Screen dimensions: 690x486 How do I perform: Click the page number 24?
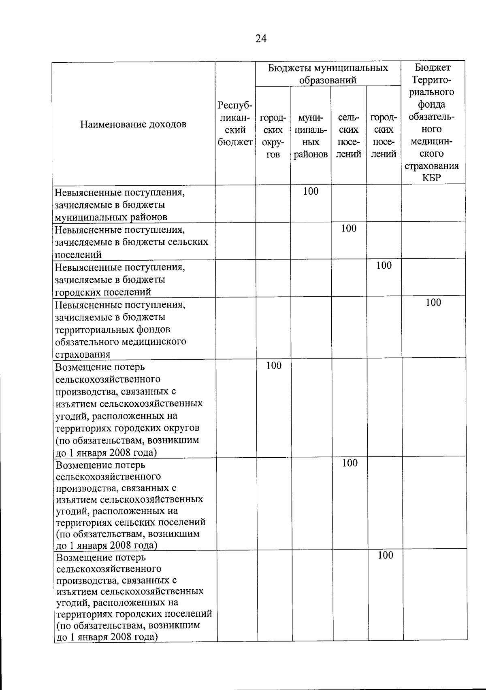coord(261,38)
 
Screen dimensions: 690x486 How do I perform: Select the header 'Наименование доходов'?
coord(133,124)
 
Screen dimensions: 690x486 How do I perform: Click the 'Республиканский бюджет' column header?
coord(235,123)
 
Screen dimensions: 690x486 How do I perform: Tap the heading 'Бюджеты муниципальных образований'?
coord(328,74)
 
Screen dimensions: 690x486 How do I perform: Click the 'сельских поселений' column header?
coord(349,136)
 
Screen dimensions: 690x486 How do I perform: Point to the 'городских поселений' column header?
coord(384,136)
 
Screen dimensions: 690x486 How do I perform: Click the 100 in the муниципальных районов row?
coord(311,191)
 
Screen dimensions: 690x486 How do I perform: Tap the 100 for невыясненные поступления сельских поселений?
coord(348,229)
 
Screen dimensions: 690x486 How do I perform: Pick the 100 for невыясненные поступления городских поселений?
coord(384,265)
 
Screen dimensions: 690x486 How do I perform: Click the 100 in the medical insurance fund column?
coord(433,302)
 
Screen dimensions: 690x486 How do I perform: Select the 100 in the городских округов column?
coord(274,365)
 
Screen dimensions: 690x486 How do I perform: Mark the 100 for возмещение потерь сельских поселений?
coord(350,463)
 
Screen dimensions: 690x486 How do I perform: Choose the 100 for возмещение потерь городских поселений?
coord(385,555)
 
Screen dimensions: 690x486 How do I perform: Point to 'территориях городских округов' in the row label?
coord(127,428)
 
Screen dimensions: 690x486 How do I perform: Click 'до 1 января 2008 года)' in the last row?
coord(107,637)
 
